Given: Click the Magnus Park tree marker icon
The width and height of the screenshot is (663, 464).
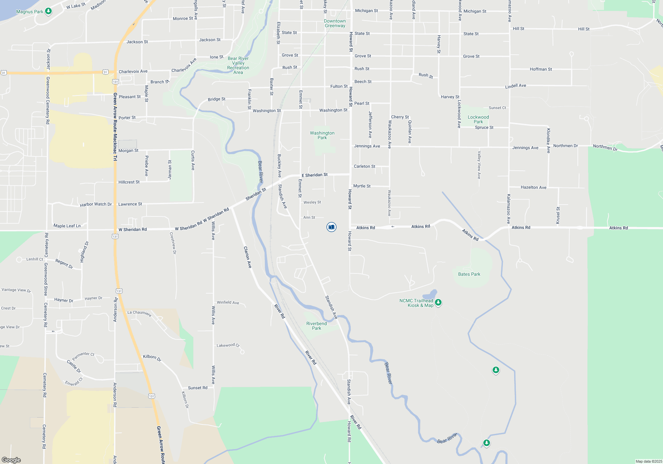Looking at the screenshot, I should coord(48,11).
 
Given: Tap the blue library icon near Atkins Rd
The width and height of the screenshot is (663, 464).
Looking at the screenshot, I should coord(331,227).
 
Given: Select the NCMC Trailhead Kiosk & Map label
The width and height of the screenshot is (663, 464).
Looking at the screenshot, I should coord(416,303).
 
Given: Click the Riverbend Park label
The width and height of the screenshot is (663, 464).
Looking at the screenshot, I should coord(316,326).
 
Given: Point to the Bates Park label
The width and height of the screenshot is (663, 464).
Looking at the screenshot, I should coord(469,274).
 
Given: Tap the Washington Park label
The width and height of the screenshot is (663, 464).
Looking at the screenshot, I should coord(322,135).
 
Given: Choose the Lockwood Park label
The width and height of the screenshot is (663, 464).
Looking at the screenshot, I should coord(478,119).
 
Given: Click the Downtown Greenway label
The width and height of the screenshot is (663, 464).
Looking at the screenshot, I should coord(335,23).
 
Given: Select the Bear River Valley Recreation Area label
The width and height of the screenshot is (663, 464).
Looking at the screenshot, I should coord(238,65).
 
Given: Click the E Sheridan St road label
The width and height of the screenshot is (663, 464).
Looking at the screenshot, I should coord(315,175).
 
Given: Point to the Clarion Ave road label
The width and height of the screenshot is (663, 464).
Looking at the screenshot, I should coord(248,257).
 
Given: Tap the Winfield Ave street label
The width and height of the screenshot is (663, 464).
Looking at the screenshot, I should coord(228,302).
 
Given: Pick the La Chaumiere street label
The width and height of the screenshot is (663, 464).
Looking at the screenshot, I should coord(139,313).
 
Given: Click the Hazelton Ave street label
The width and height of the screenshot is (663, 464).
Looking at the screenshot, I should coord(533,187).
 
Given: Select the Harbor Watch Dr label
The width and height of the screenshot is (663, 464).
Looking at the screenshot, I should coord(96,204).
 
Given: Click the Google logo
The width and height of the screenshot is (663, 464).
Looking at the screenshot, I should coord(11,460).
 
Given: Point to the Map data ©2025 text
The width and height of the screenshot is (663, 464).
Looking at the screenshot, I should coord(649,461).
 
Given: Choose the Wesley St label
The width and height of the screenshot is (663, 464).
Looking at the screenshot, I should coord(312,202).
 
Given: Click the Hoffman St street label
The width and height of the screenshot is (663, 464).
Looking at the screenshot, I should coord(541,69).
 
